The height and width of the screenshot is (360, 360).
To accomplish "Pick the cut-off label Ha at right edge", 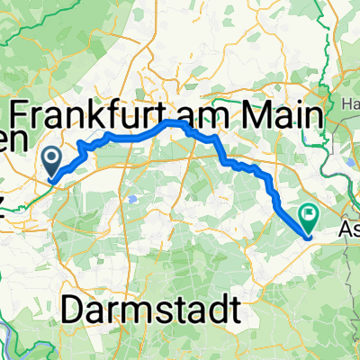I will coord(352,104).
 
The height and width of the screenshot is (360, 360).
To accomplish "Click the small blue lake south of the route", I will coord(133,197).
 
